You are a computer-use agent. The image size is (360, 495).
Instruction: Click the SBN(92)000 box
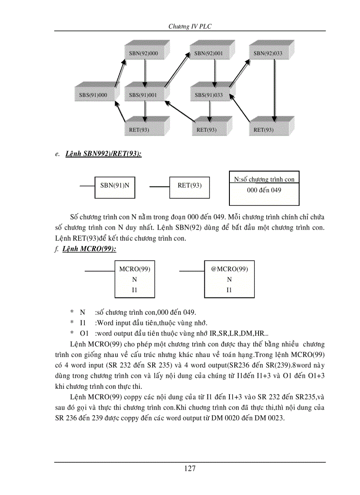click(143, 53)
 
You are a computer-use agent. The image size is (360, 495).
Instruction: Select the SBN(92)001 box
click(209, 53)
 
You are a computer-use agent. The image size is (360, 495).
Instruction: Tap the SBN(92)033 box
click(268, 53)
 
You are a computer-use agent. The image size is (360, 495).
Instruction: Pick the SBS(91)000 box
click(93, 94)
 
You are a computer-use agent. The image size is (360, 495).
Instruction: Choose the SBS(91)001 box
click(143, 94)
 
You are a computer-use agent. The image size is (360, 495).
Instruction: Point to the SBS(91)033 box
click(209, 94)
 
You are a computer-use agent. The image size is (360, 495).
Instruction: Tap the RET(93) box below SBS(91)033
click(206, 130)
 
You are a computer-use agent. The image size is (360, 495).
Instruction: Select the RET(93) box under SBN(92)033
click(264, 130)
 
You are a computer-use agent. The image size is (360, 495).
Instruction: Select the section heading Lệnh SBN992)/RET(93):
click(103, 154)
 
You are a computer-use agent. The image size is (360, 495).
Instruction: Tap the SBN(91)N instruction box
click(115, 186)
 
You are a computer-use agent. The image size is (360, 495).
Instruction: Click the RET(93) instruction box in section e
click(190, 186)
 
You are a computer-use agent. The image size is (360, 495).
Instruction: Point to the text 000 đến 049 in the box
click(264, 190)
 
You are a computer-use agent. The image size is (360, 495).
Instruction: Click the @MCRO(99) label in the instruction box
click(229, 269)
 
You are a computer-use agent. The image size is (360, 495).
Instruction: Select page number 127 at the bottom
click(190, 468)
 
